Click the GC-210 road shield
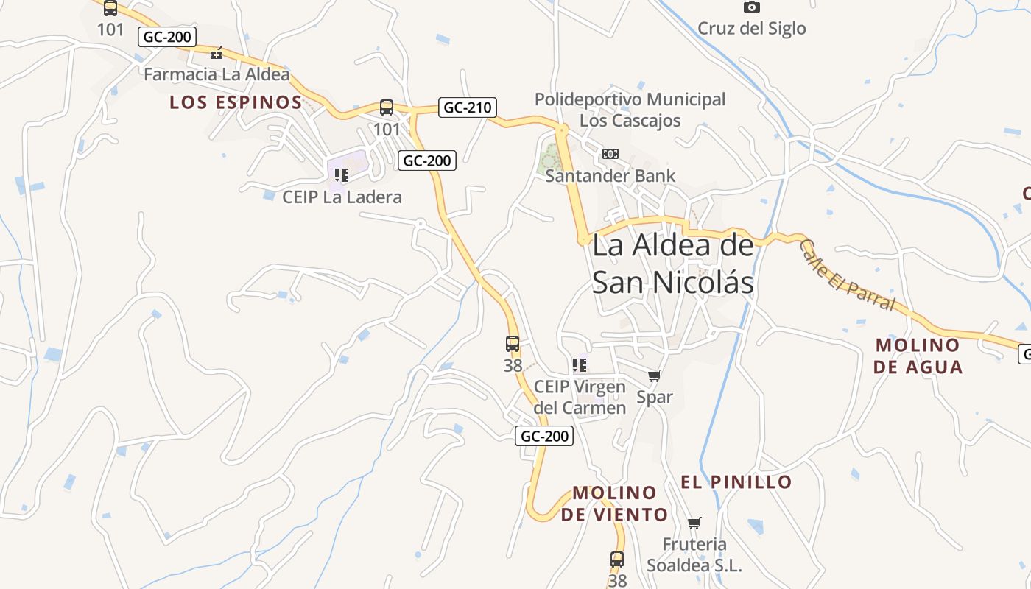click(x=467, y=107)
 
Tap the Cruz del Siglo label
click(x=751, y=29)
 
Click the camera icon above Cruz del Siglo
click(x=751, y=7)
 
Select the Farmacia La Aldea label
click(x=217, y=74)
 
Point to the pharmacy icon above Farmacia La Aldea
click(x=217, y=53)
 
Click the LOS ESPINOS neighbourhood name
click(x=236, y=102)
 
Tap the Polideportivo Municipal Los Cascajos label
click(x=630, y=110)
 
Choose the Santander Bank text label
click(x=610, y=176)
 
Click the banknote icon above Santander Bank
click(x=610, y=154)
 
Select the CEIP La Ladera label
click(x=342, y=197)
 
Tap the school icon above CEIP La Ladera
click(x=341, y=175)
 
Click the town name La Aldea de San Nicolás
click(x=673, y=264)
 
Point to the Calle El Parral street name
click(x=846, y=275)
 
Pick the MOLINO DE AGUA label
click(x=918, y=356)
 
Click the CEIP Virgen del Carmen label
click(x=580, y=397)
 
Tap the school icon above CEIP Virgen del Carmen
click(x=580, y=364)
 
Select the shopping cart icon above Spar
click(x=654, y=376)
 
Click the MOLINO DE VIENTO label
click(x=614, y=504)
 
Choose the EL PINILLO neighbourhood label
click(x=736, y=482)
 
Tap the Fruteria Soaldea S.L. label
click(x=694, y=554)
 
